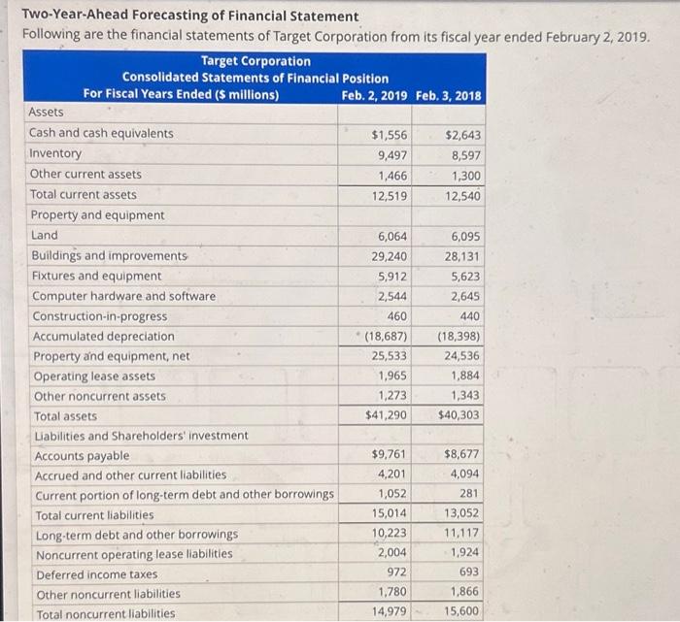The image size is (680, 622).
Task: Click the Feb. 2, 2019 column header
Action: click(376, 94)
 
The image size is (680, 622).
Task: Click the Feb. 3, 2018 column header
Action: click(448, 94)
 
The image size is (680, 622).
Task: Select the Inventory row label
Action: click(56, 153)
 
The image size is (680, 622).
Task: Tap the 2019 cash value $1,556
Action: click(390, 134)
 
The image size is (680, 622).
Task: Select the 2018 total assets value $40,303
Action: click(459, 415)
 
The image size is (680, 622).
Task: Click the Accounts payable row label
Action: click(82, 456)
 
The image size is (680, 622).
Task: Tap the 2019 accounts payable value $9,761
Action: click(390, 455)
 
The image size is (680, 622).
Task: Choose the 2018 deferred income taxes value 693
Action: click(468, 573)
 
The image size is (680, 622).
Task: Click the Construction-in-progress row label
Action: click(99, 316)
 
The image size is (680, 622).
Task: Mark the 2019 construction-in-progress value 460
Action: click(396, 316)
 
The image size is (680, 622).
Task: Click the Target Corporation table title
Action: click(255, 61)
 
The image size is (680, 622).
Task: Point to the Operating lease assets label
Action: click(93, 376)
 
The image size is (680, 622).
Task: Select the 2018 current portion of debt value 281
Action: click(470, 494)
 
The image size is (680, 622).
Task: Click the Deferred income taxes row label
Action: click(96, 574)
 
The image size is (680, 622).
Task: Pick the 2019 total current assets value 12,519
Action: click(390, 195)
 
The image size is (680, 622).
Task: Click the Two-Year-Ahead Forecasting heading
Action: click(190, 17)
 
